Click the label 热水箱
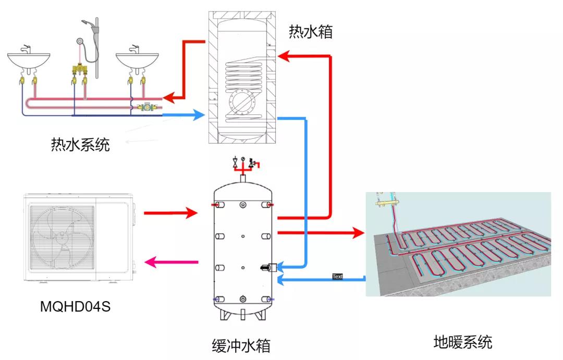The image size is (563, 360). pyautogui.click(x=311, y=32)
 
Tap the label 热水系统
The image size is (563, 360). pyautogui.click(x=80, y=145)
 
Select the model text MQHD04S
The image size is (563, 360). pyautogui.click(x=75, y=306)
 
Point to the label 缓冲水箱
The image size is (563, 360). pyautogui.click(x=241, y=345)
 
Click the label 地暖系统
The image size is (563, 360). pyautogui.click(x=463, y=342)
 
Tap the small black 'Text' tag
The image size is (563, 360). pyautogui.click(x=337, y=277)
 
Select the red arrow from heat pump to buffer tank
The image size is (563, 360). pyautogui.click(x=171, y=213)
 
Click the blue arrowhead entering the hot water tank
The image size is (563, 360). pyautogui.click(x=198, y=115)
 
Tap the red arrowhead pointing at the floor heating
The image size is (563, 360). pyautogui.click(x=359, y=233)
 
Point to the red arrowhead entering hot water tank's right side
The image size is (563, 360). pyautogui.click(x=284, y=56)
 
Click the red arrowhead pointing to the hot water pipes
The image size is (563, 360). pyautogui.click(x=169, y=98)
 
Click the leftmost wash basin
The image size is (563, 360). pyautogui.click(x=29, y=59)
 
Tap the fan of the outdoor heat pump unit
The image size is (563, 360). pyautogui.click(x=62, y=237)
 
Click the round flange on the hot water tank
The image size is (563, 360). pyautogui.click(x=242, y=102)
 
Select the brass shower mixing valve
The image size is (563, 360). pyautogui.click(x=79, y=68)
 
